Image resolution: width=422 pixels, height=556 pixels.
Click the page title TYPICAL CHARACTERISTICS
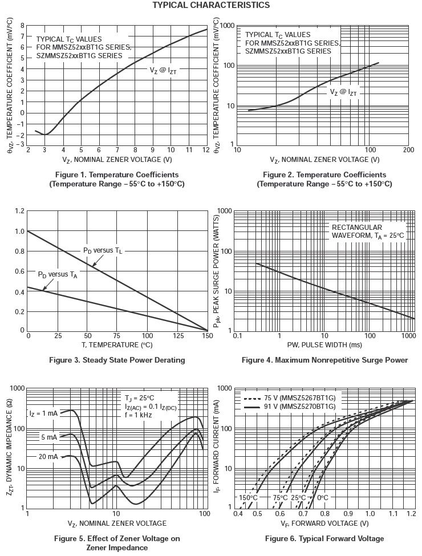click(211, 5)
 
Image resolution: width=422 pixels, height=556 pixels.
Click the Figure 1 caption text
click(116, 179)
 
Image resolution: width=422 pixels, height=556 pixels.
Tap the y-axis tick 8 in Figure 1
click(22, 26)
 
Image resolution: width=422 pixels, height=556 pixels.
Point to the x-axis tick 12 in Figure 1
click(206, 149)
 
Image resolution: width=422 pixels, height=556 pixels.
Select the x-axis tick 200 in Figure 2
click(408, 149)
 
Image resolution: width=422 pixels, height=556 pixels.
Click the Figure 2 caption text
click(324, 179)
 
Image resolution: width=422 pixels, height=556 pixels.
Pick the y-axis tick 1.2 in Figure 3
click(20, 212)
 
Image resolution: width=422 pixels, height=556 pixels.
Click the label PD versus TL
click(103, 251)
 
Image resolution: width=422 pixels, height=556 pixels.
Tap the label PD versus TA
click(57, 274)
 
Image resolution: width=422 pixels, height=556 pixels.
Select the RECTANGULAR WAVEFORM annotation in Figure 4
click(368, 232)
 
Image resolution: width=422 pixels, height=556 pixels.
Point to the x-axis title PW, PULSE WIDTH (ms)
click(324, 345)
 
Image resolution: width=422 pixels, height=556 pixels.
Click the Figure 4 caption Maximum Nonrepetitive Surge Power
click(324, 360)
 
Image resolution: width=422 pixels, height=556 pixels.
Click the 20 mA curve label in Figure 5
click(48, 457)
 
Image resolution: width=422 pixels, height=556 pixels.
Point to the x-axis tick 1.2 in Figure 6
click(409, 514)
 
